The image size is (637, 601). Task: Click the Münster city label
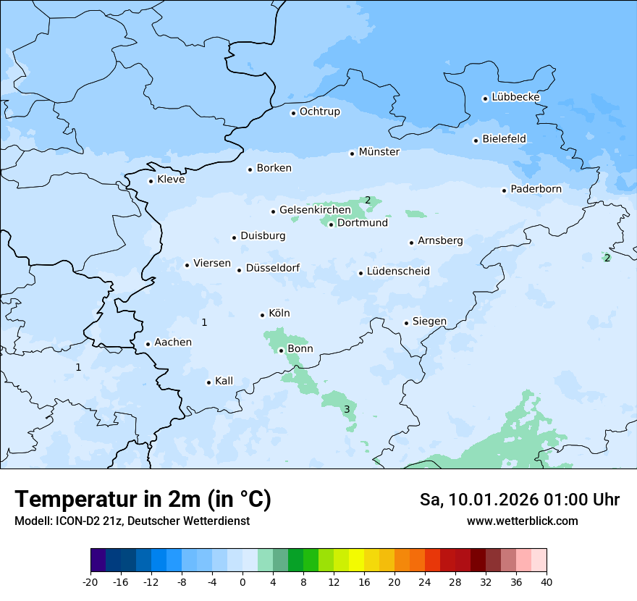pyautogui.click(x=379, y=152)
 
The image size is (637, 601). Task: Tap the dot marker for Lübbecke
pyautogui.click(x=485, y=98)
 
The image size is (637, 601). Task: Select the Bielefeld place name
pyautogui.click(x=504, y=139)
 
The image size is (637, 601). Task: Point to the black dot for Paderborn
pyautogui.click(x=505, y=190)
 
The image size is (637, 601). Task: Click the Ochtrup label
pyautogui.click(x=319, y=112)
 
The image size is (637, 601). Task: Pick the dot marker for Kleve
pyautogui.click(x=151, y=181)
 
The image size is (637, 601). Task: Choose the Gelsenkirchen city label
pyautogui.click(x=315, y=210)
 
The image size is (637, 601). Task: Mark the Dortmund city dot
pyautogui.click(x=332, y=224)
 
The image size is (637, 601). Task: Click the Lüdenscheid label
pyautogui.click(x=398, y=272)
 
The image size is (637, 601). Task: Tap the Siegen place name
pyautogui.click(x=429, y=321)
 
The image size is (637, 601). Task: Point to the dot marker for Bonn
pyautogui.click(x=282, y=350)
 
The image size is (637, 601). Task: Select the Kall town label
pyautogui.click(x=224, y=381)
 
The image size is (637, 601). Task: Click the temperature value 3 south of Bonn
pyautogui.click(x=347, y=410)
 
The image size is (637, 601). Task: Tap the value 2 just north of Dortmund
pyautogui.click(x=368, y=201)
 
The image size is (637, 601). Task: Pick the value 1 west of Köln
pyautogui.click(x=204, y=322)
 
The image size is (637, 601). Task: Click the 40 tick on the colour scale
pyautogui.click(x=547, y=581)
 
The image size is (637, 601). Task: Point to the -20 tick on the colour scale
pyautogui.click(x=90, y=581)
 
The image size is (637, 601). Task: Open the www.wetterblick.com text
pyautogui.click(x=522, y=521)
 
